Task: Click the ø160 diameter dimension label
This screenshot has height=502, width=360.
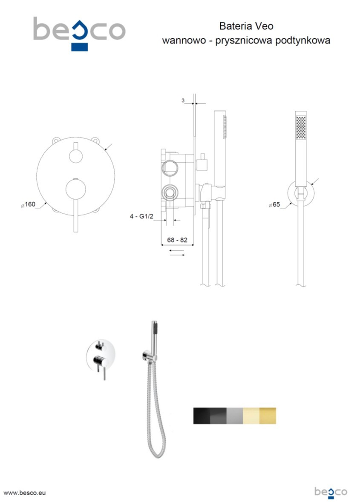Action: (28, 204)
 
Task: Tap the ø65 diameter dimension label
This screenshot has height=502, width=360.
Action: (274, 204)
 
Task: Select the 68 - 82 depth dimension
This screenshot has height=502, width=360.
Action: (177, 240)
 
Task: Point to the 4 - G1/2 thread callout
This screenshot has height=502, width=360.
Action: (141, 216)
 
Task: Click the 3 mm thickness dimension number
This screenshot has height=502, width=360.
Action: (183, 100)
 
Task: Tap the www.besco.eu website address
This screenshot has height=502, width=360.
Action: (24, 493)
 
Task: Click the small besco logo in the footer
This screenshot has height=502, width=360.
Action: (331, 492)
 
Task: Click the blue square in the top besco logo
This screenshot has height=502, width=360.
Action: (79, 47)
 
